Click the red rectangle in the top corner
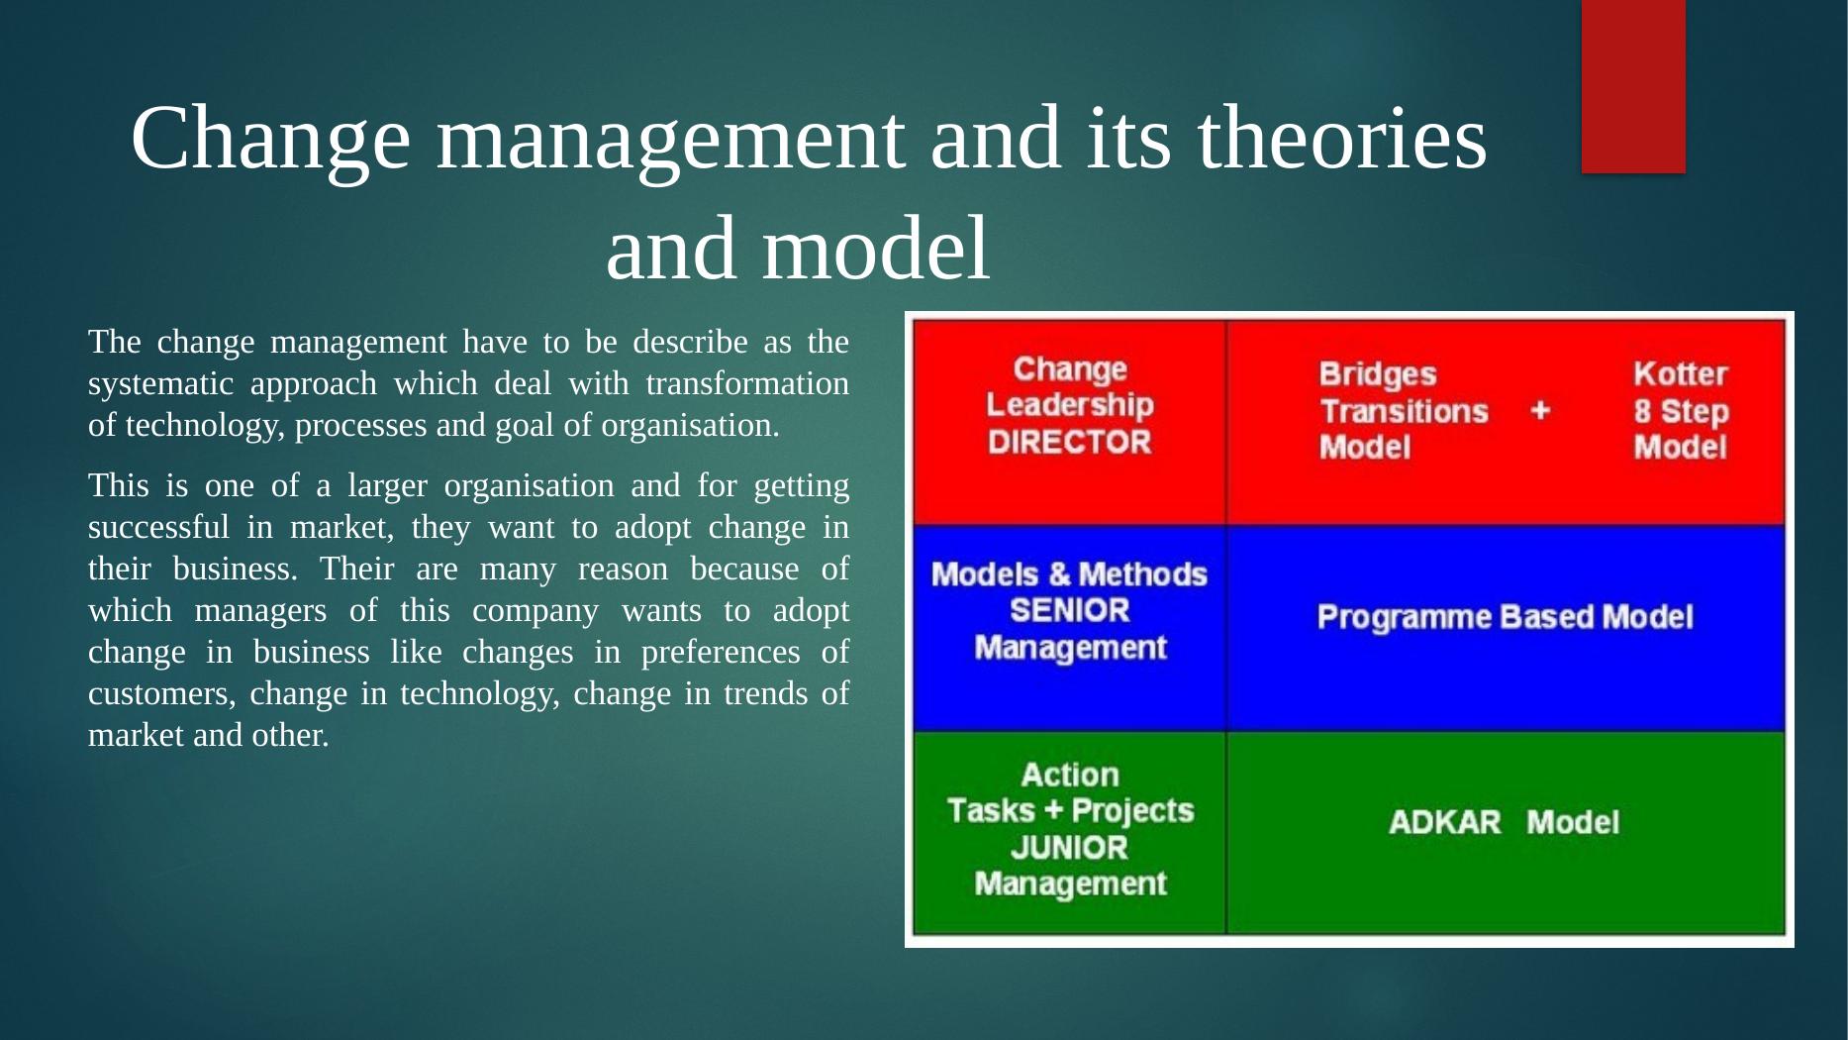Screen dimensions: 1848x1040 coord(1633,86)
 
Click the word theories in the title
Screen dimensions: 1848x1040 coord(1342,138)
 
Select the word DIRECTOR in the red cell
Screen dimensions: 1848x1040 coord(1070,442)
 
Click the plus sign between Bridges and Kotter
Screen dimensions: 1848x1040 coord(1540,410)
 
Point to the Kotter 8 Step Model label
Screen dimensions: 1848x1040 coord(1681,410)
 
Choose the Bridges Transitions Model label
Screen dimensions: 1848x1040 coord(1404,410)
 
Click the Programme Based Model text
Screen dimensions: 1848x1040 coord(1505,617)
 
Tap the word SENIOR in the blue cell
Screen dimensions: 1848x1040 coord(1070,610)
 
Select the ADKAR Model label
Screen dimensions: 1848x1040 coord(1505,822)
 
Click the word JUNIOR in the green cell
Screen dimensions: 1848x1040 coord(1070,848)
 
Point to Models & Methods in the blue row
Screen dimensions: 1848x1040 coord(1070,574)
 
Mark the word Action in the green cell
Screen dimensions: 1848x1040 coord(1070,775)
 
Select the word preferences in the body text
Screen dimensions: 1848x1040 coord(721,653)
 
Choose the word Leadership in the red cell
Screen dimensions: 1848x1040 coord(1070,405)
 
